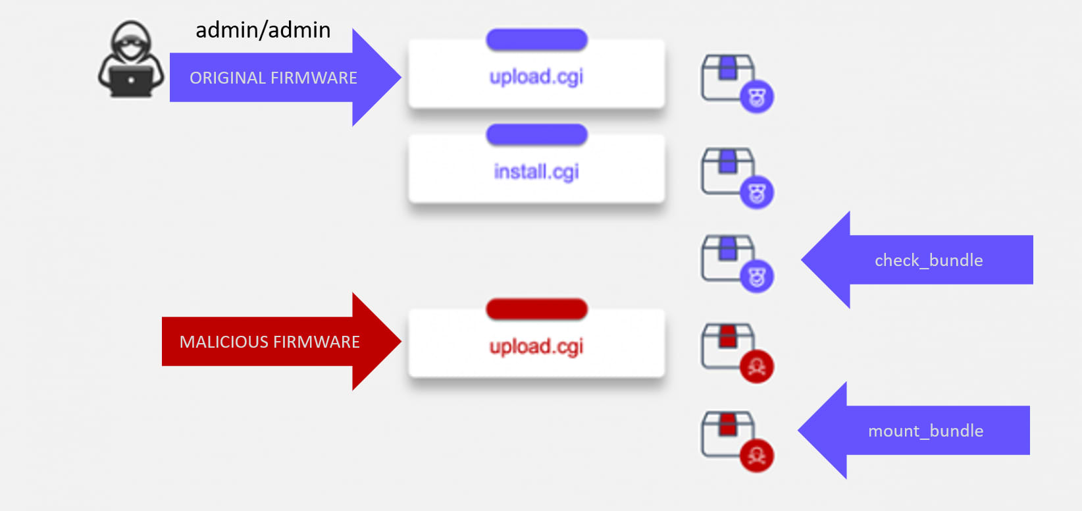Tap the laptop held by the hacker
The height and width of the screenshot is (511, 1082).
click(x=131, y=81)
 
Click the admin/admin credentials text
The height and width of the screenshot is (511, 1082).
click(x=263, y=30)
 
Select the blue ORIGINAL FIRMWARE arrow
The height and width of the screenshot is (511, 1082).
click(x=283, y=78)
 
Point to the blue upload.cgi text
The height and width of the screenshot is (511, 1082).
click(x=536, y=77)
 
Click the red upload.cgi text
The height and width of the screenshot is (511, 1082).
click(x=536, y=346)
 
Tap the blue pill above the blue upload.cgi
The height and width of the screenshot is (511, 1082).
click(x=536, y=40)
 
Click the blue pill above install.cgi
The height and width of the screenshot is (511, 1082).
click(x=536, y=135)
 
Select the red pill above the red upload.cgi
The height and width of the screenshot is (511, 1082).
click(x=536, y=309)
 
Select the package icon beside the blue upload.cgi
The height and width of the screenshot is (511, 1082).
click(x=728, y=78)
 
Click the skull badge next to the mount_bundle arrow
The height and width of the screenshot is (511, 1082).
click(x=757, y=456)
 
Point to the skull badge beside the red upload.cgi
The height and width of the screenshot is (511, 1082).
click(x=757, y=367)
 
